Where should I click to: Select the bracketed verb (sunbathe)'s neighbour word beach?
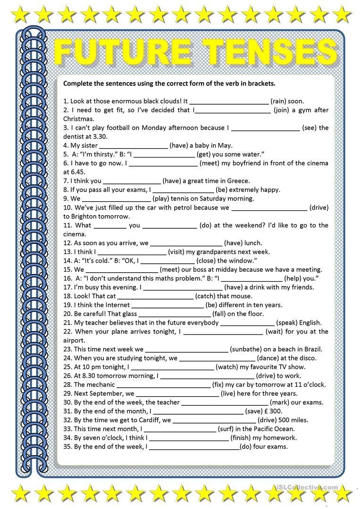(290, 349)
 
